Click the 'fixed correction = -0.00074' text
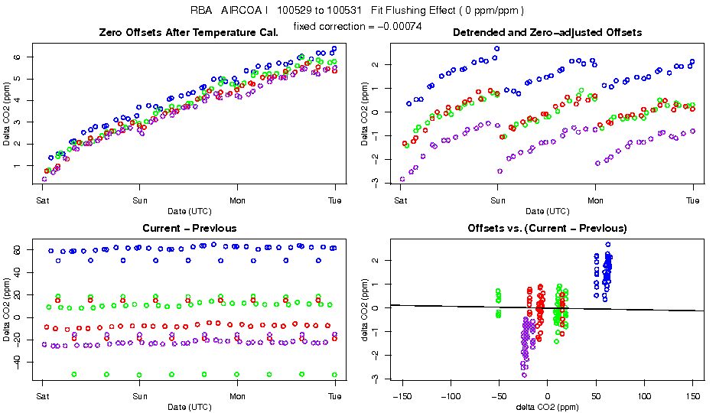[x=357, y=27]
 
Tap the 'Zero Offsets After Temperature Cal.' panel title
[x=189, y=32]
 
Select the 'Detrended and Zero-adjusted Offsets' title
[x=547, y=32]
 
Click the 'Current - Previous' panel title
[x=189, y=228]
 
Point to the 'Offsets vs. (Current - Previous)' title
[x=547, y=228]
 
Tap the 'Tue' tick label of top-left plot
[x=334, y=201]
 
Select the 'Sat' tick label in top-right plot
[x=400, y=201]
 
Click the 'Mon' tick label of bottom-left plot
[x=237, y=396]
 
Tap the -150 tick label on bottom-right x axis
[x=402, y=396]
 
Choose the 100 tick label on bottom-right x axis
[x=645, y=396]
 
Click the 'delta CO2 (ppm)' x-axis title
[x=547, y=407]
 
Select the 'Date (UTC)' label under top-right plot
[x=547, y=211]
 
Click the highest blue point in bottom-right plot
[x=608, y=245]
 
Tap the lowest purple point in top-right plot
[x=402, y=179]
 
